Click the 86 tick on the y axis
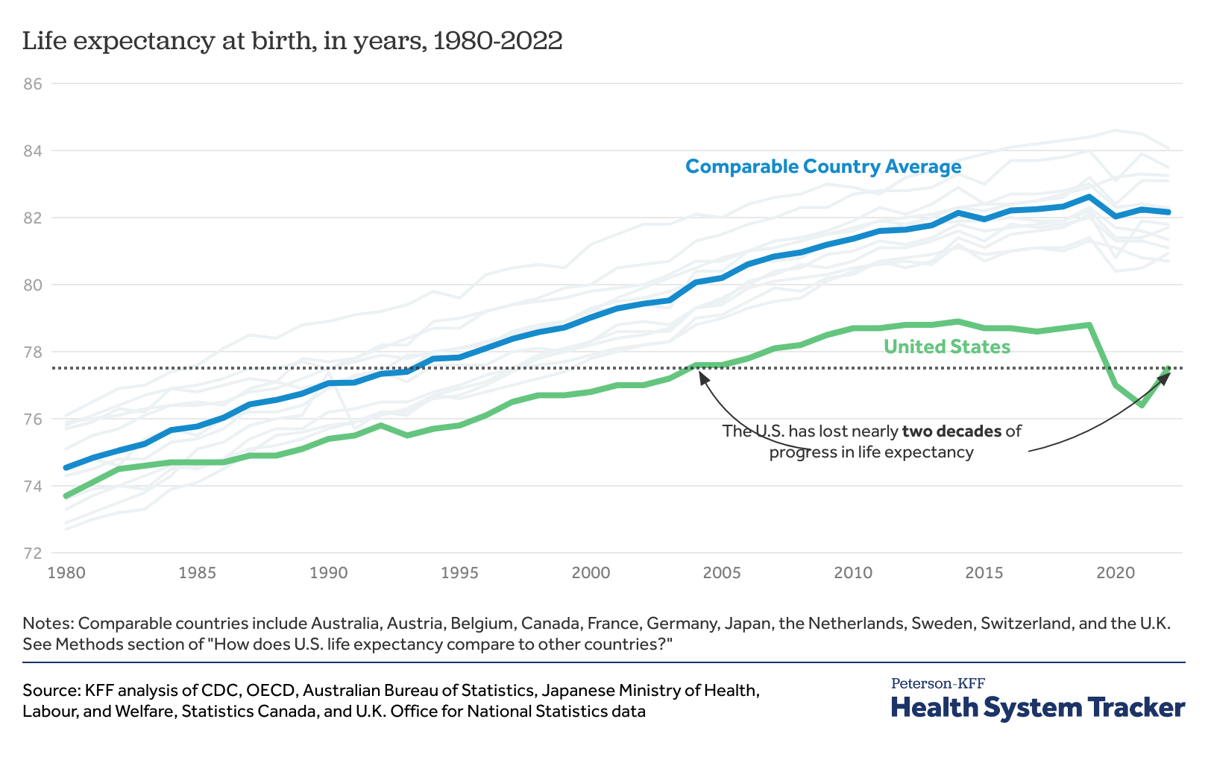coord(32,84)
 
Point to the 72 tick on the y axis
coord(32,554)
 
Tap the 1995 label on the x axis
coord(459,573)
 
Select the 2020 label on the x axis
coord(1115,573)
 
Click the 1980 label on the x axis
coord(66,573)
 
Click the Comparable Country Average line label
coord(823,166)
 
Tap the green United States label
coord(947,346)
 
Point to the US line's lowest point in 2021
coord(1142,405)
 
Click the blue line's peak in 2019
coord(1089,197)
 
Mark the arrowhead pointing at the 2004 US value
coord(702,375)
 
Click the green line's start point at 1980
coord(66,495)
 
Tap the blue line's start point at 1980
coord(66,468)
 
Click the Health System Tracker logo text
coord(1037,707)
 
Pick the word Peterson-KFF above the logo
coord(937,683)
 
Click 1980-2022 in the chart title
coord(497,41)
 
